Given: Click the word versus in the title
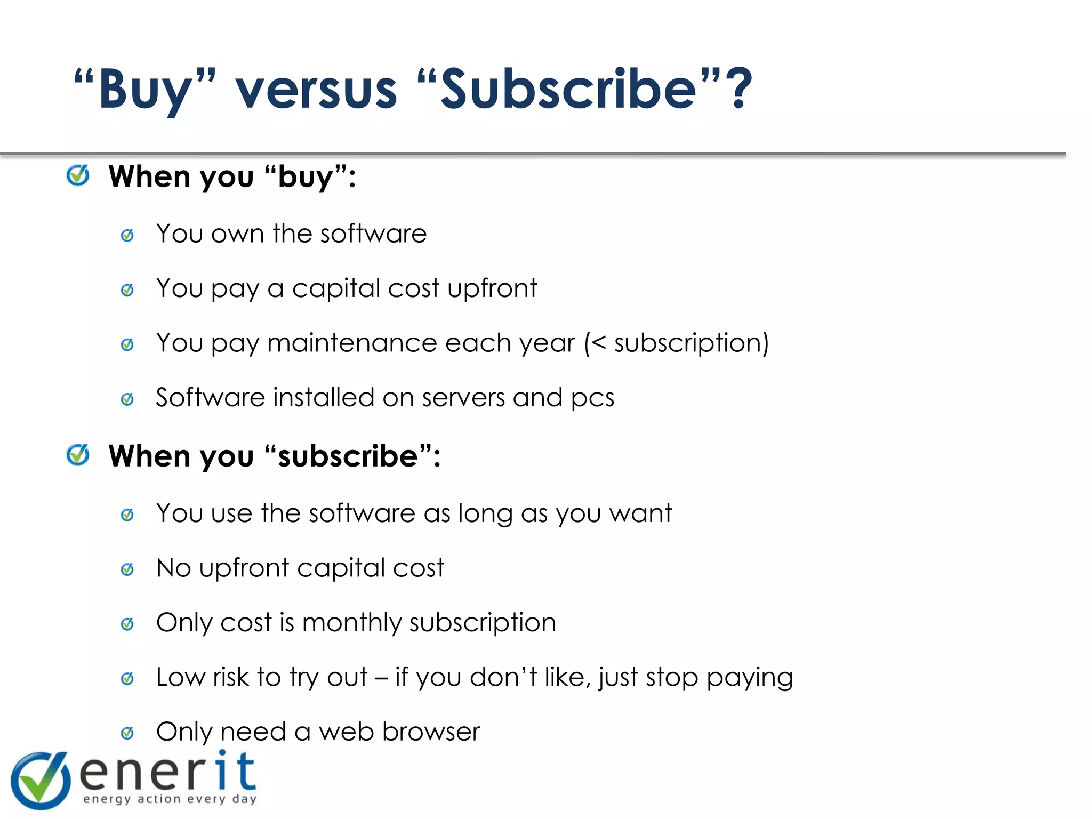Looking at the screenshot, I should (x=316, y=90).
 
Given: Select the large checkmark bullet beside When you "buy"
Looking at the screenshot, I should (x=78, y=175).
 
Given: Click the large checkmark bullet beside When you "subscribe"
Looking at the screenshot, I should (x=78, y=455).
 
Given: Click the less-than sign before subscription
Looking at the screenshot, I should (x=599, y=343).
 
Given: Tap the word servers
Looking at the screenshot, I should (x=463, y=398).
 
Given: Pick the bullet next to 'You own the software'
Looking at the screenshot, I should (x=127, y=235).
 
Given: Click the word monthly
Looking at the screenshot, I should (x=352, y=623).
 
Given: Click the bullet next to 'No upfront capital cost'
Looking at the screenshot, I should (x=127, y=569).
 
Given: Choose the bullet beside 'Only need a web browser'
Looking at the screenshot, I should (x=127, y=733).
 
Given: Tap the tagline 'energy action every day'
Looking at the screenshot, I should (x=170, y=799).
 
